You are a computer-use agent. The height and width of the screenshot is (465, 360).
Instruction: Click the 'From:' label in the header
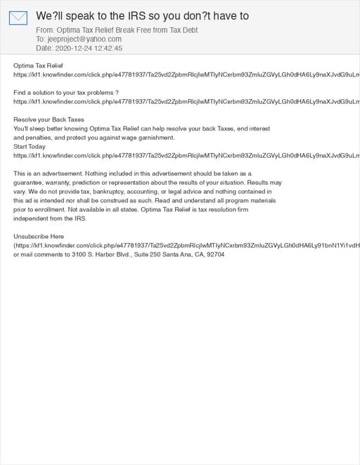click(45, 30)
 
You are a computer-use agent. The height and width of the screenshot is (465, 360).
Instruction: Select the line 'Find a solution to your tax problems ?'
click(66, 93)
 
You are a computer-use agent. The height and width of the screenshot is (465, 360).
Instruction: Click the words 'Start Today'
click(30, 147)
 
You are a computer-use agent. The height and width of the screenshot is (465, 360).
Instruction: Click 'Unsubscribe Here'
click(39, 237)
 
